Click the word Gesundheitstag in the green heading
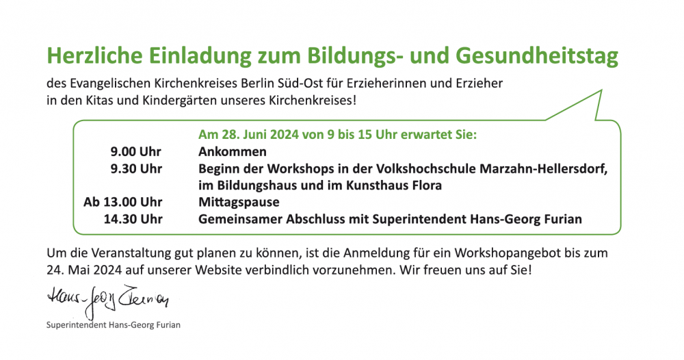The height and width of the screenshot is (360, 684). pyautogui.click(x=537, y=56)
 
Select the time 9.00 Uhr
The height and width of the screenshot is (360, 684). pyautogui.click(x=135, y=151)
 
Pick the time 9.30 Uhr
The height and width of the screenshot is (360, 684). pyautogui.click(x=136, y=168)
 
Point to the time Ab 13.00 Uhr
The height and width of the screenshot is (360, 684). pyautogui.click(x=123, y=202)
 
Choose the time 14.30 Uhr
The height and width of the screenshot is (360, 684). pyautogui.click(x=133, y=218)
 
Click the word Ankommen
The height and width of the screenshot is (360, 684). pyautogui.click(x=233, y=151)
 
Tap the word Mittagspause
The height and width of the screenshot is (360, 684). pyautogui.click(x=239, y=203)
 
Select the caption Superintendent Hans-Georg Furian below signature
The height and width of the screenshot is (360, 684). pyautogui.click(x=114, y=325)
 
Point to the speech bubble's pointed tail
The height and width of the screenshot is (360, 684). pyautogui.click(x=601, y=91)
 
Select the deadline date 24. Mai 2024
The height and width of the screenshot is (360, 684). pyautogui.click(x=84, y=270)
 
